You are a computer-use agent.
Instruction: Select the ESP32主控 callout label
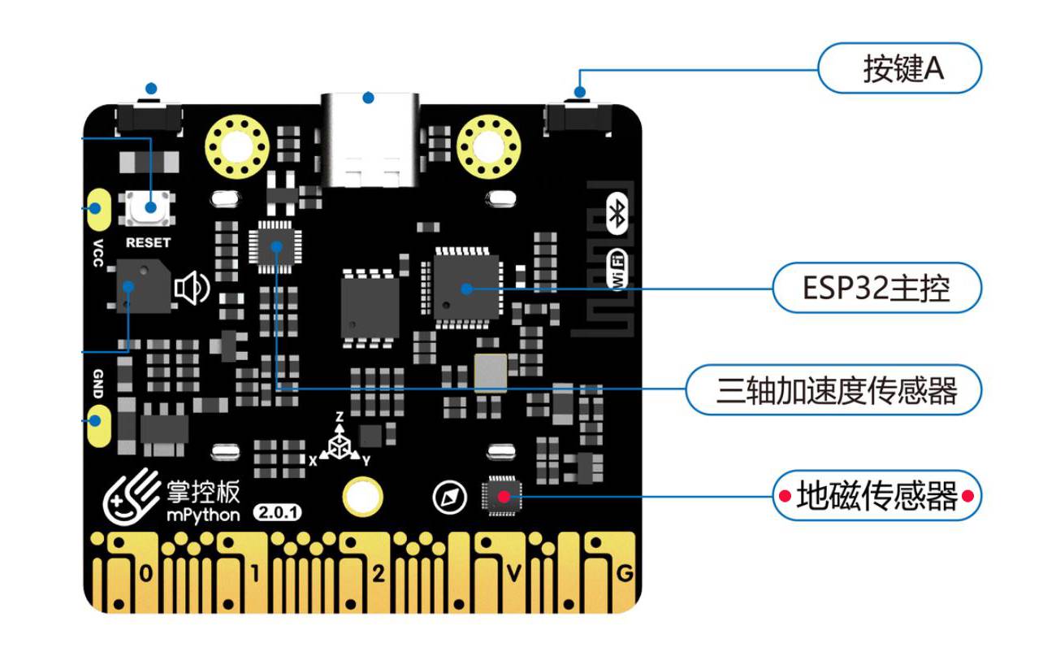(x=876, y=288)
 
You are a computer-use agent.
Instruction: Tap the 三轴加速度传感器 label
(x=836, y=390)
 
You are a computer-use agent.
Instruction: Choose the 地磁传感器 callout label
(x=876, y=495)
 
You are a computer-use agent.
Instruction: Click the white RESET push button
(x=151, y=207)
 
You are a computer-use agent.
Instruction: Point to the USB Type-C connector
(x=369, y=138)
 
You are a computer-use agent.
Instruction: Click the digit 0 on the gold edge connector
(x=145, y=576)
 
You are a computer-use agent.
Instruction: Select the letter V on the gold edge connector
(x=513, y=574)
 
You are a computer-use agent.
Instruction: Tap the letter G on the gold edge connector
(x=624, y=574)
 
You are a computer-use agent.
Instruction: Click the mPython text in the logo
(x=203, y=515)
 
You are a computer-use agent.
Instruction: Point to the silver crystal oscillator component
(x=491, y=373)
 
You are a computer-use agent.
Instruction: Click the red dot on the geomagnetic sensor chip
(x=504, y=494)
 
